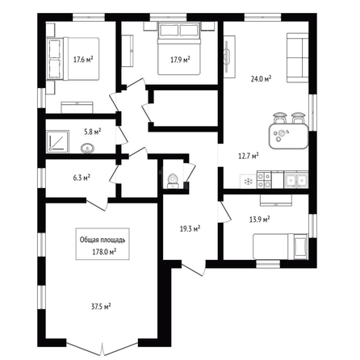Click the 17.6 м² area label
pyautogui.click(x=83, y=59)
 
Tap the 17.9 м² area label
pyautogui.click(x=180, y=60)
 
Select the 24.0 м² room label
pyautogui.click(x=261, y=79)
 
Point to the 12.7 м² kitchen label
pyautogui.click(x=249, y=156)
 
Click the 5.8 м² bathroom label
pyautogui.click(x=93, y=132)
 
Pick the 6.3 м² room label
pyautogui.click(x=82, y=178)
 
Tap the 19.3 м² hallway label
pyautogui.click(x=190, y=229)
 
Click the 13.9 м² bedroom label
pyautogui.click(x=260, y=220)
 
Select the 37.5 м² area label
pyautogui.click(x=101, y=307)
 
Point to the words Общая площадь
pyautogui.click(x=103, y=240)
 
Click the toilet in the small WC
pyautogui.click(x=172, y=181)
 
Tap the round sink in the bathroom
pyautogui.click(x=87, y=148)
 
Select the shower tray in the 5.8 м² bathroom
pyautogui.click(x=57, y=141)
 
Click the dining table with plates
pyautogui.click(x=288, y=136)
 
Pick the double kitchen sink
pyautogui.click(x=296, y=180)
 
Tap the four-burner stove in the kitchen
pyautogui.click(x=264, y=180)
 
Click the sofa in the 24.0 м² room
pyautogui.click(x=298, y=57)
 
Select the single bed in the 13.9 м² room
pyautogui.click(x=280, y=247)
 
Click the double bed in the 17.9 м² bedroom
pyautogui.click(x=179, y=48)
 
